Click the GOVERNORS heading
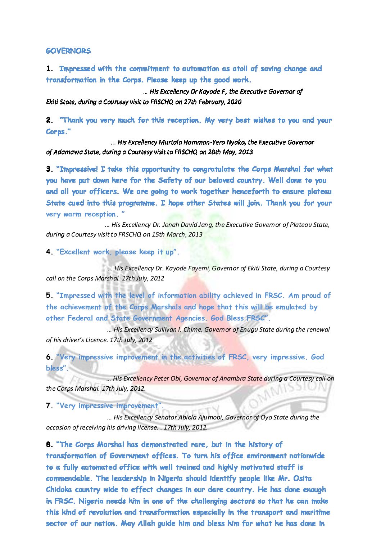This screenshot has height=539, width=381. pos(68,51)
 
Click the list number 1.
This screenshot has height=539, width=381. pos(50,69)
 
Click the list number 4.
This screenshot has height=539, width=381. pos(50,252)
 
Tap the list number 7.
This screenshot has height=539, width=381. pos(50,406)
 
